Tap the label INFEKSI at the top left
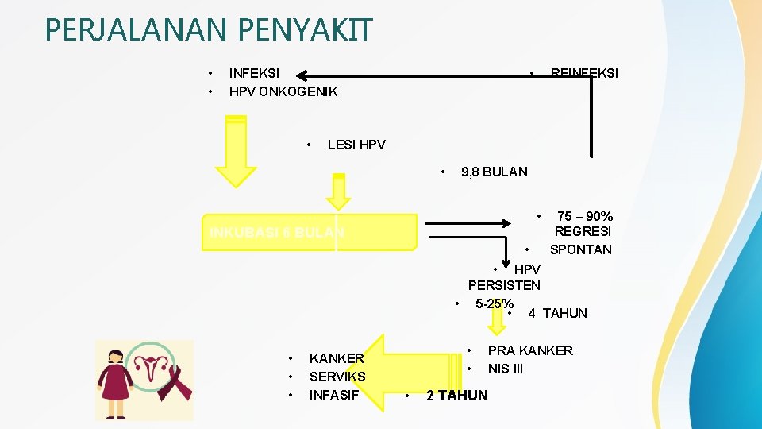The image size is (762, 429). click(254, 73)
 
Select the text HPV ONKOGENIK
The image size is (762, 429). click(283, 91)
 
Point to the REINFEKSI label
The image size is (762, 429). click(584, 73)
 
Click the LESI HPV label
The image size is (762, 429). click(356, 145)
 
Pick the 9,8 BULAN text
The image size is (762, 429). click(494, 172)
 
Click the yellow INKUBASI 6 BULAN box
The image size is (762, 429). click(309, 233)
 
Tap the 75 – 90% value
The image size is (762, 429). click(585, 216)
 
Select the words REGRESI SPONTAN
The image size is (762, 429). click(582, 241)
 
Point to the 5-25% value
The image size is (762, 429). click(494, 303)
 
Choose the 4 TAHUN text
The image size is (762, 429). click(557, 313)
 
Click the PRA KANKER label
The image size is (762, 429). click(529, 350)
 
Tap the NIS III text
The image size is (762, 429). click(506, 369)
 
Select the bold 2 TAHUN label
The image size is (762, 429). click(457, 396)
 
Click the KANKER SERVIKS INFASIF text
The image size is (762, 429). click(337, 377)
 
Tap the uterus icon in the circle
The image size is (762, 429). click(148, 367)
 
